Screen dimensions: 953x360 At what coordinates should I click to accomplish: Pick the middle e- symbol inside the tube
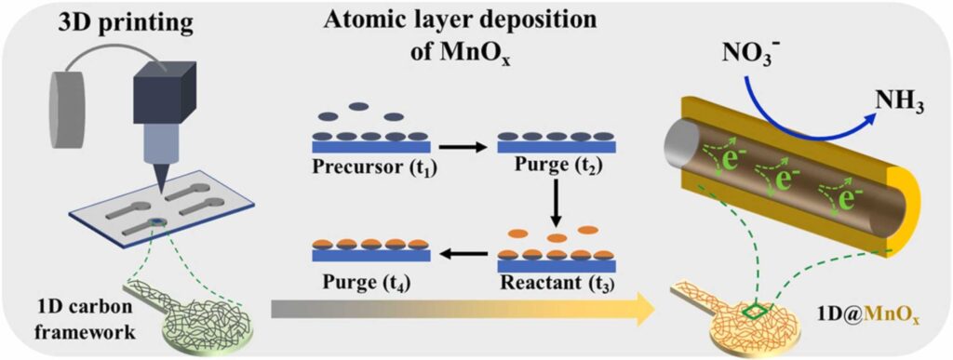pos(783,180)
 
